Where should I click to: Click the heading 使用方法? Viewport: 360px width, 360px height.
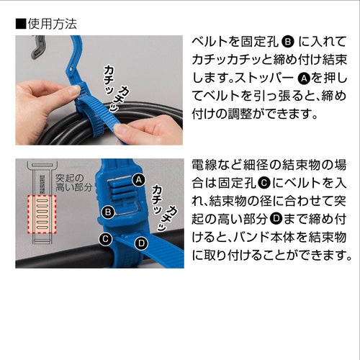click(52, 23)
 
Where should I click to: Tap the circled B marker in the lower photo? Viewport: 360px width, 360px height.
click(107, 212)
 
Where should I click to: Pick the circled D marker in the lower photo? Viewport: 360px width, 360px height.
click(141, 243)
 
